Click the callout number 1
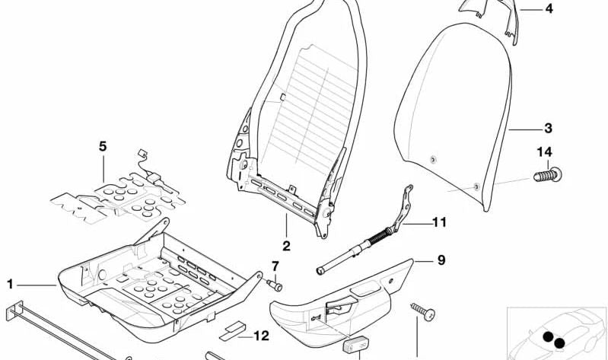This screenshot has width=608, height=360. pyautogui.click(x=11, y=285)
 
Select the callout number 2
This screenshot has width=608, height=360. pyautogui.click(x=286, y=246)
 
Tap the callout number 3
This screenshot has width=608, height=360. pyautogui.click(x=548, y=129)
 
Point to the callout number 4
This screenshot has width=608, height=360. pyautogui.click(x=548, y=10)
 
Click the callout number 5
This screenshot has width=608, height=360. pyautogui.click(x=103, y=145)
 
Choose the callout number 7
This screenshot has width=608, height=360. pyautogui.click(x=275, y=266)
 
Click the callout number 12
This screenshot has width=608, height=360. pyautogui.click(x=261, y=335)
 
